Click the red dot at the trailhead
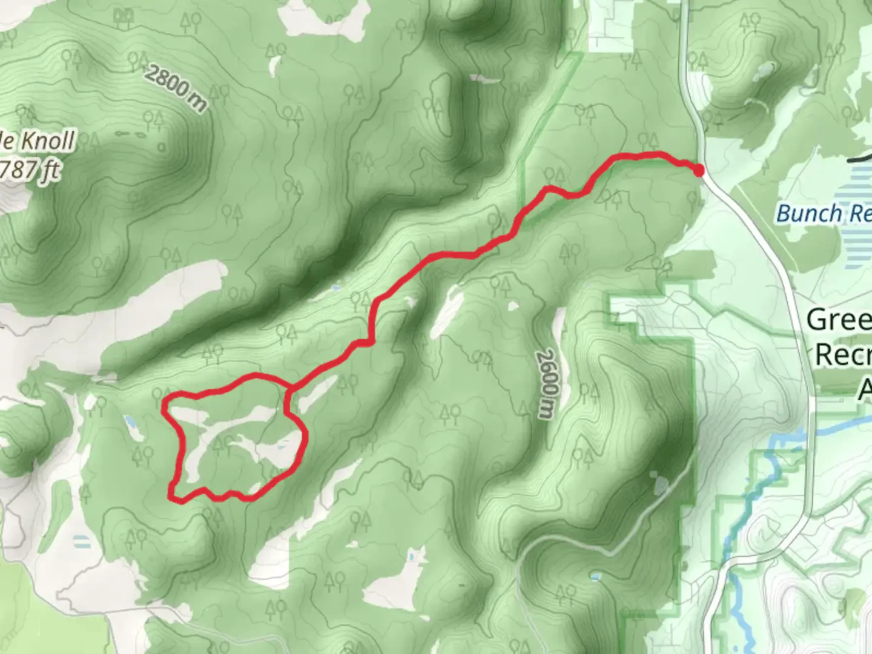[699, 171]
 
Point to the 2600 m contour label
[547, 383]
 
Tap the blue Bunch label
[809, 213]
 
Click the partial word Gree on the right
[839, 319]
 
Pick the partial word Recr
[843, 354]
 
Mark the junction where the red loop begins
[290, 388]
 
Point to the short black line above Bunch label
[860, 159]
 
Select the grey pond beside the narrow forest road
[660, 484]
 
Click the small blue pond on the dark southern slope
[595, 576]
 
